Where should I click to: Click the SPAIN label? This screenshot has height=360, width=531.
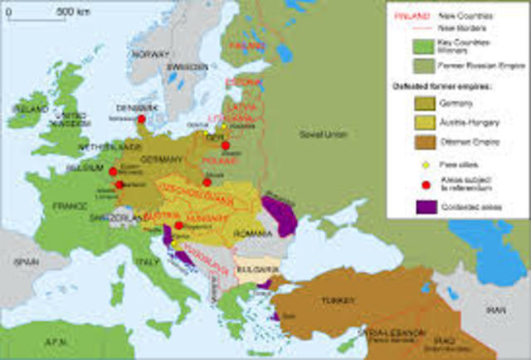pos(25,260)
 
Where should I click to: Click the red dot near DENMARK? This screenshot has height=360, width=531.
pos(119,119)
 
